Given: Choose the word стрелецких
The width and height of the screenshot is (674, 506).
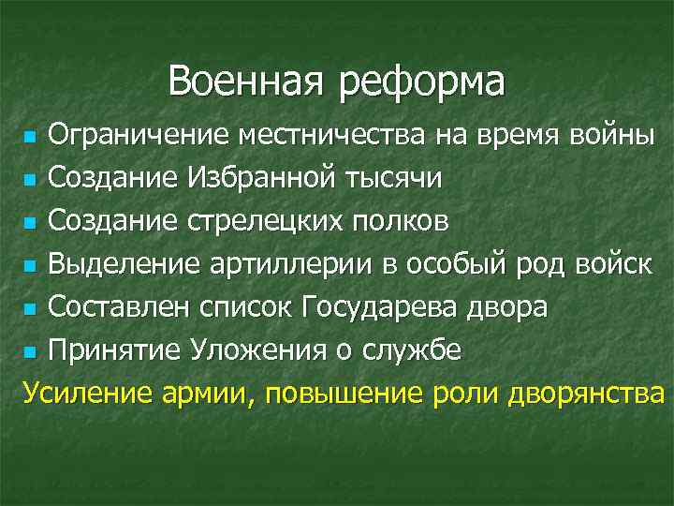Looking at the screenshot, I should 263,223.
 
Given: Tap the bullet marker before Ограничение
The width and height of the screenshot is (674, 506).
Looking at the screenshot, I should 30,139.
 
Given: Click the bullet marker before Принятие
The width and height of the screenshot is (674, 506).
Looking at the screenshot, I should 30,354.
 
